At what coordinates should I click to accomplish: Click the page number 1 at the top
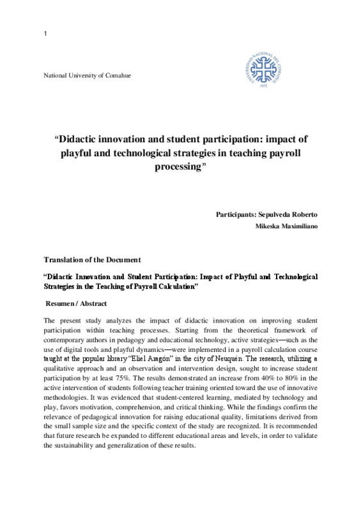[x=45, y=33]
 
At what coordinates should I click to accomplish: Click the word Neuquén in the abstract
[x=243, y=359]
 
